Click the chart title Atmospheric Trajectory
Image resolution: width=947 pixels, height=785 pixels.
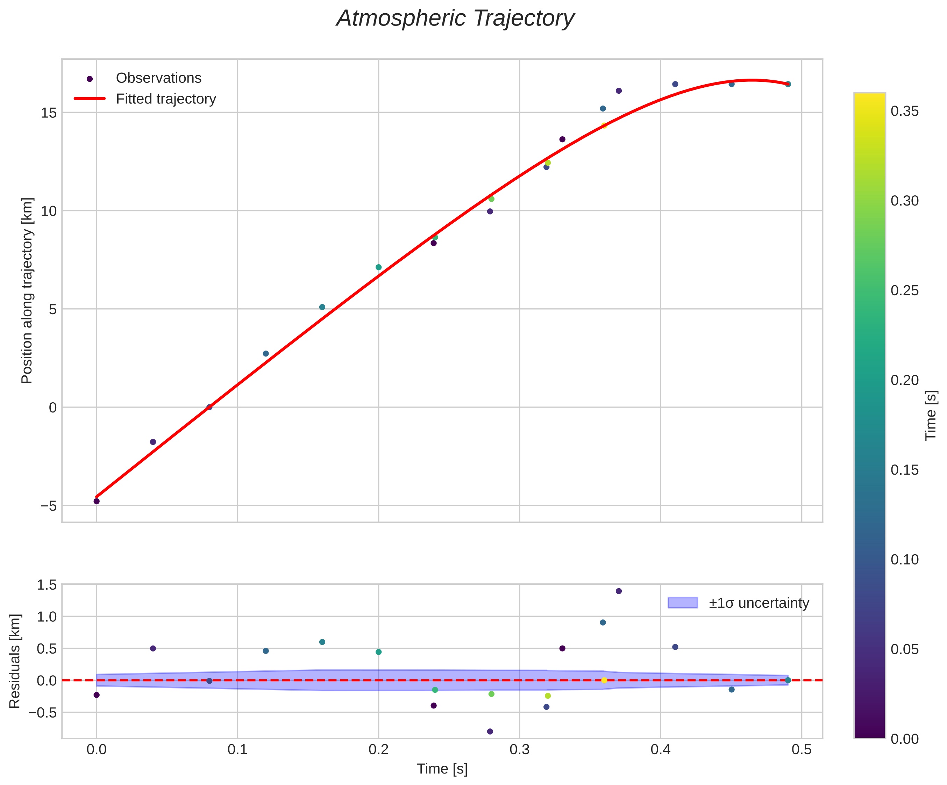(x=455, y=19)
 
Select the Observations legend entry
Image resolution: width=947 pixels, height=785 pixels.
(x=158, y=78)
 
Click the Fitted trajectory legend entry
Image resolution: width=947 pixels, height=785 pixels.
(x=166, y=99)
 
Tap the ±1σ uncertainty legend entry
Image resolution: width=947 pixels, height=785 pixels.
(x=759, y=603)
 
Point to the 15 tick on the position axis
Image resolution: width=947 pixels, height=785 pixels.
(x=49, y=112)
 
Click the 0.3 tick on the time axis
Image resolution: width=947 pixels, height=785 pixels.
(x=520, y=750)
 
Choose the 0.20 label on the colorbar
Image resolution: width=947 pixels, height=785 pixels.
(x=905, y=380)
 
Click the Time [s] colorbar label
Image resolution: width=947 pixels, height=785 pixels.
(x=932, y=416)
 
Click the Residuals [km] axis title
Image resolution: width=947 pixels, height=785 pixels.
(x=15, y=661)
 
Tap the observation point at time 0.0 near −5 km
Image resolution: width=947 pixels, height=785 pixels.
(x=97, y=501)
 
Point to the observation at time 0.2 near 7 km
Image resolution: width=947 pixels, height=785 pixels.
(x=378, y=267)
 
